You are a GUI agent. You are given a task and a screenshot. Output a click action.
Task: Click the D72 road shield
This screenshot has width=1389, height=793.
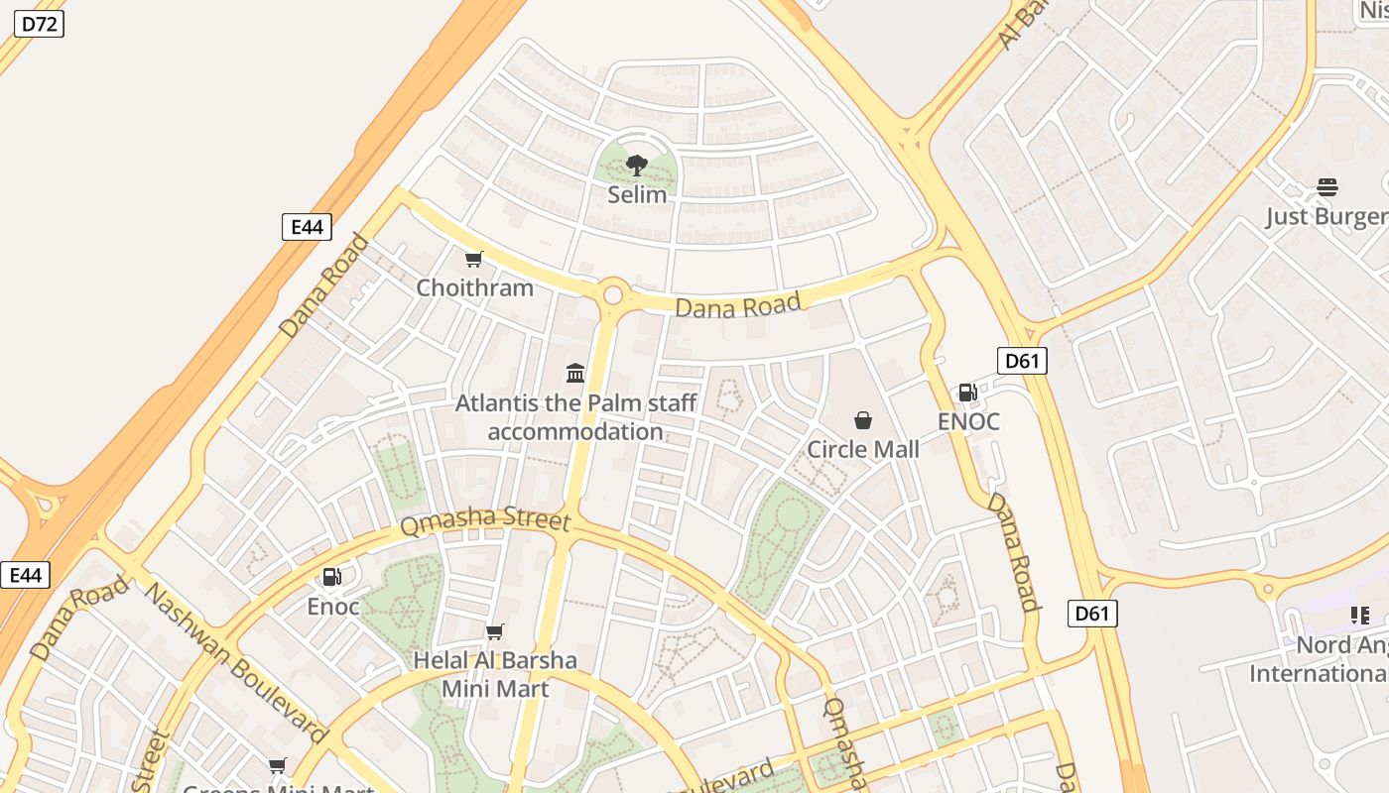point(39,24)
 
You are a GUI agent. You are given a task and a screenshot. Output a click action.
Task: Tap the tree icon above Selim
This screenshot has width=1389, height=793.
point(637,166)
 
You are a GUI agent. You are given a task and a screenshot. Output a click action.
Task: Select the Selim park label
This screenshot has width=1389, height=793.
point(637,194)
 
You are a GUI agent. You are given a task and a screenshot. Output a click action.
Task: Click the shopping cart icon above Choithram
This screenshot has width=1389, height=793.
point(474,260)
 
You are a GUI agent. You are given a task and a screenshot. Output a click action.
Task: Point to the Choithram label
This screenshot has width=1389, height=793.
point(474,287)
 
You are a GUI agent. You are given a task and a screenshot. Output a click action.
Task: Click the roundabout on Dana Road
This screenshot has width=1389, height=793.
point(613,294)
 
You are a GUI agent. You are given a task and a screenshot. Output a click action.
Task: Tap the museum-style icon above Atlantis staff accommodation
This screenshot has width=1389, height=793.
point(575,373)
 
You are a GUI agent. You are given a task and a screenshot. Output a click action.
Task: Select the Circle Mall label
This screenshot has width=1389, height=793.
point(863,449)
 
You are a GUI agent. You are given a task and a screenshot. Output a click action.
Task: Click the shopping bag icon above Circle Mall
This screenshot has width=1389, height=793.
point(863,420)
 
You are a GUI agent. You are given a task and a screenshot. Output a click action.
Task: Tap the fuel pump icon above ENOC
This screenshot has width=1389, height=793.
point(967,393)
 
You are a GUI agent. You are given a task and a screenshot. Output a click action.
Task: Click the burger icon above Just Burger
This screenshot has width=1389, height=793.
point(1327,187)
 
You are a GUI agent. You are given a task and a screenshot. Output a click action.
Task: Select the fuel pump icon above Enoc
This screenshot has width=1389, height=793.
point(332,577)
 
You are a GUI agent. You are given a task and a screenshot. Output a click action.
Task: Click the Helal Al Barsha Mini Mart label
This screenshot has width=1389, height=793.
point(494,674)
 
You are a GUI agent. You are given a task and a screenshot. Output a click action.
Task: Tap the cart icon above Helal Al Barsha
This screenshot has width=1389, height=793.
point(494,632)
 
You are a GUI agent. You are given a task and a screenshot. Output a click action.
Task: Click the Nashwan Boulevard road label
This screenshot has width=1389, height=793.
point(236,662)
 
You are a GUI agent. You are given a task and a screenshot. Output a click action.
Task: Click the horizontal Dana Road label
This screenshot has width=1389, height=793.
point(737,305)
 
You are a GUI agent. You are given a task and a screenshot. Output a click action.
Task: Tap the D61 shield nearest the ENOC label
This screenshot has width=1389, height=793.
point(1021,361)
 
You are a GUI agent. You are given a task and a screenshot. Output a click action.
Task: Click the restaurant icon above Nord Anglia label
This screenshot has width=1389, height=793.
point(1359,617)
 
